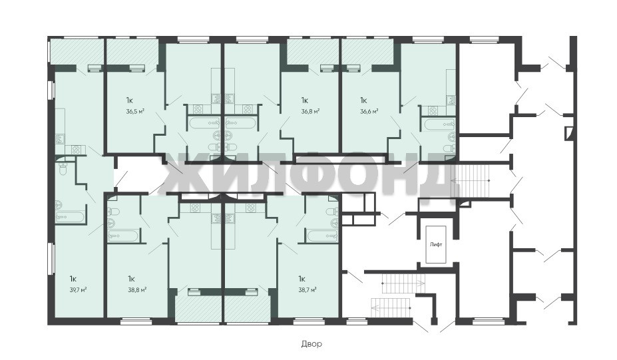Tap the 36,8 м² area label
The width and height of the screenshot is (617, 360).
click(x=309, y=111)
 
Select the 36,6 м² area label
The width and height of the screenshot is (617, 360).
click(x=369, y=111)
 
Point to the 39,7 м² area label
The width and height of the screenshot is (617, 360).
click(x=78, y=289)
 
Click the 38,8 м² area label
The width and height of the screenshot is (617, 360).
click(x=137, y=289)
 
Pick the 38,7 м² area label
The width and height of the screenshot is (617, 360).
click(x=308, y=289)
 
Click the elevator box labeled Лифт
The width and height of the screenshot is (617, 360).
click(x=436, y=244)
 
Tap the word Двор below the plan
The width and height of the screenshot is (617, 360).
click(x=311, y=344)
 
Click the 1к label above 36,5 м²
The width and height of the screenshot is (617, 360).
click(x=130, y=100)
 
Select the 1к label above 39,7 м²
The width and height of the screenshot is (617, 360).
click(x=73, y=279)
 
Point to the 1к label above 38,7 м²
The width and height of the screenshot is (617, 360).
click(x=302, y=279)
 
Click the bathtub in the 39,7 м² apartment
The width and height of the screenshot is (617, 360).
click(x=70, y=218)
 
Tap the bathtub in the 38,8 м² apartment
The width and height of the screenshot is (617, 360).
click(x=123, y=237)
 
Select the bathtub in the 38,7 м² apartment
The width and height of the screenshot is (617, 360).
click(x=323, y=237)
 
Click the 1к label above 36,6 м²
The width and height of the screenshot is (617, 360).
click(x=363, y=100)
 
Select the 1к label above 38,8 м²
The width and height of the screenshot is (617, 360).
click(x=131, y=279)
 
